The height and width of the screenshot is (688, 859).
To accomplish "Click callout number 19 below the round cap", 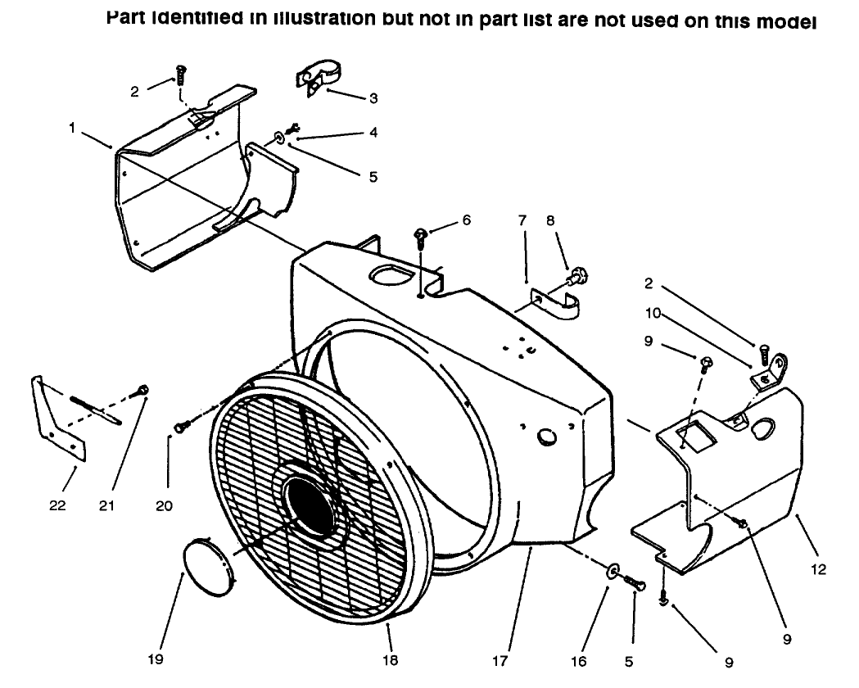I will [156, 660].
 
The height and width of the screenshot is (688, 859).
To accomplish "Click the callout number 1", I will [74, 129].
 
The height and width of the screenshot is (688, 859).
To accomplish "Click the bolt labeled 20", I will [183, 425].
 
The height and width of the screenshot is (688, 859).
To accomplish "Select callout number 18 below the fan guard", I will [391, 660].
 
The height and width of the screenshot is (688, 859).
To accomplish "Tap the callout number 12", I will [819, 570].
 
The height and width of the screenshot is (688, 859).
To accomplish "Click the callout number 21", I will [107, 505].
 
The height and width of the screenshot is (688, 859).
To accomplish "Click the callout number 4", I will [373, 132].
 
